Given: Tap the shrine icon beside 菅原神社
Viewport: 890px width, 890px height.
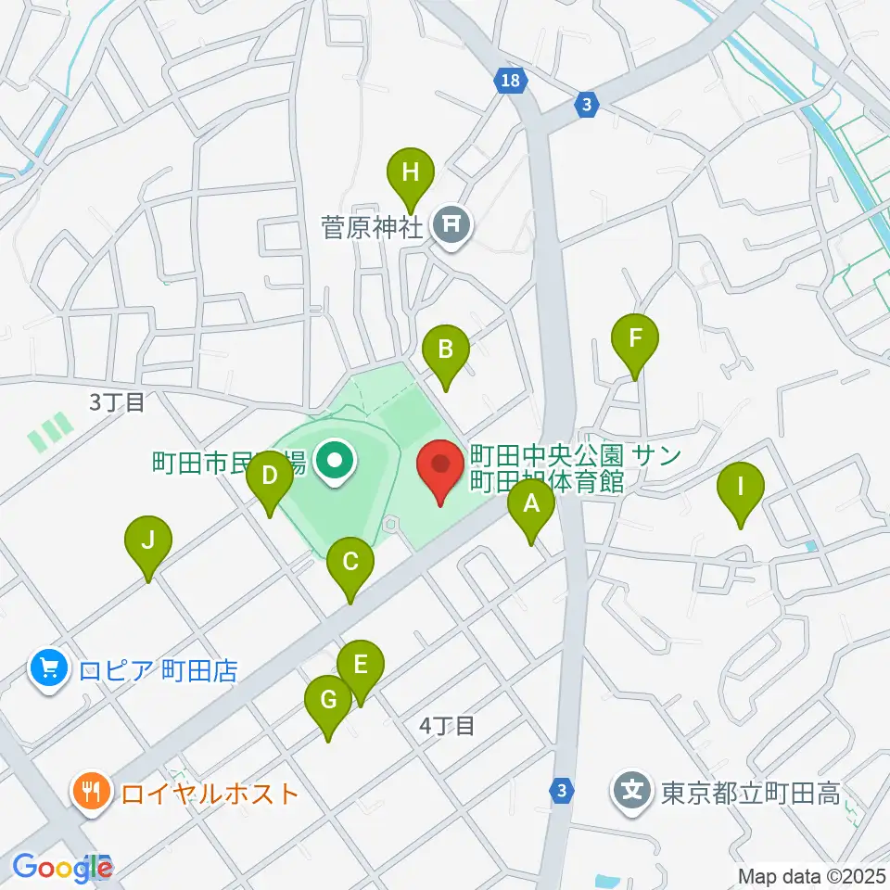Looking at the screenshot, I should point(452,223).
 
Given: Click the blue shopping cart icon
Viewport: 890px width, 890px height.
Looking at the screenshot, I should point(48,669).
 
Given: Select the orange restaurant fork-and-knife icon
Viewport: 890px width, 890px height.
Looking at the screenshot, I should point(91,793).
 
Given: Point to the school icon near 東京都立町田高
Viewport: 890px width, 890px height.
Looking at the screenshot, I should point(633,793).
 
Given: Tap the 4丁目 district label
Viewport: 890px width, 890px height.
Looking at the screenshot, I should point(447,726).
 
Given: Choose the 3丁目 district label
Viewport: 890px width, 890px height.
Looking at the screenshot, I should point(117,402).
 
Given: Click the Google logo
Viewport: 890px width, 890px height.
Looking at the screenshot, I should point(61,868).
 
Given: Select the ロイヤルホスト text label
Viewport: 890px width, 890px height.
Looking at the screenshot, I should point(210,794).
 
